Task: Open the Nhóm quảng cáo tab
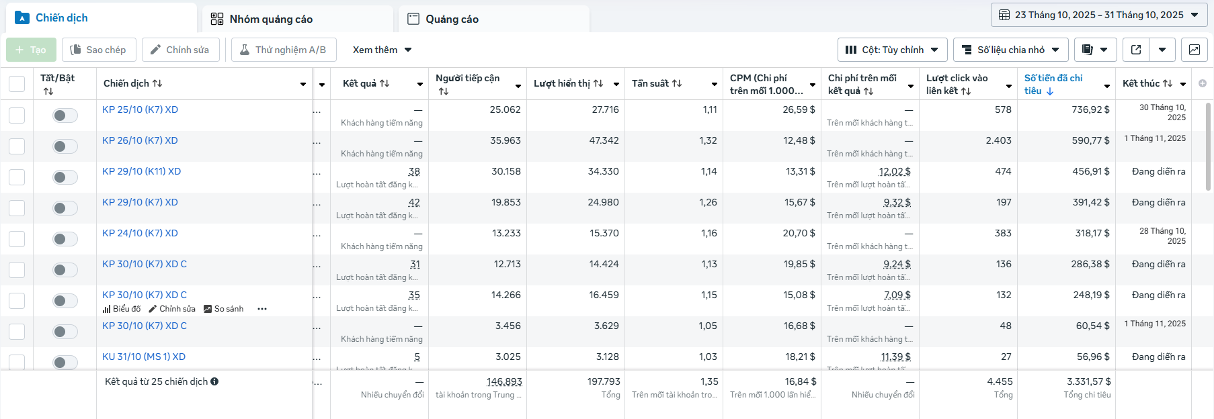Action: [x=271, y=19]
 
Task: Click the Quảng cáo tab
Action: [x=451, y=19]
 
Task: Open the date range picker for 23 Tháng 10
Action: [x=1098, y=15]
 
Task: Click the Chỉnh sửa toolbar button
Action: [x=180, y=50]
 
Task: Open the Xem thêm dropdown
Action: [x=382, y=50]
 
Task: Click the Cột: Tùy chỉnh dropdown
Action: [x=892, y=50]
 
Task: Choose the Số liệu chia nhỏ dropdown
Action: [x=1010, y=50]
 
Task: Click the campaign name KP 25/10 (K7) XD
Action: [x=140, y=109]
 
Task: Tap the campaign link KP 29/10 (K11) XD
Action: [x=141, y=171]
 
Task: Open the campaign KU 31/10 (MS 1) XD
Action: [x=144, y=357]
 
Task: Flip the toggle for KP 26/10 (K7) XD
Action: [x=65, y=146]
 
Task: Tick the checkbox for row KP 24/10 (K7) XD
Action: [x=17, y=239]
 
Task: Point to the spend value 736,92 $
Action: [x=1090, y=109]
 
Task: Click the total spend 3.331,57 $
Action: [x=1088, y=381]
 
